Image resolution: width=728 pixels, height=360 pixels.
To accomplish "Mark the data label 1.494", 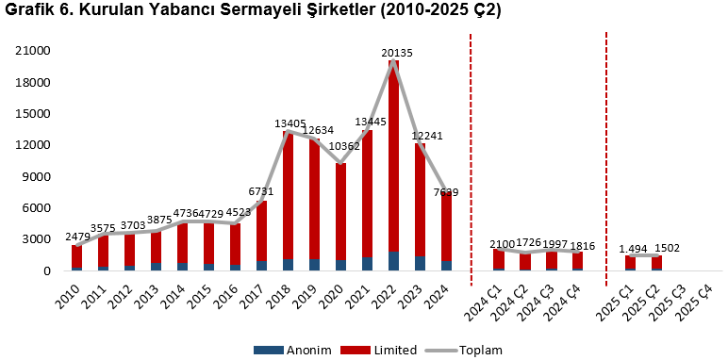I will pos(635,249).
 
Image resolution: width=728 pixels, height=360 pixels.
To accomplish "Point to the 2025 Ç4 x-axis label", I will pos(703,300).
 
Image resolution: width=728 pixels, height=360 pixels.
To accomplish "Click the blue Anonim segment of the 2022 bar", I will pos(394,261).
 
